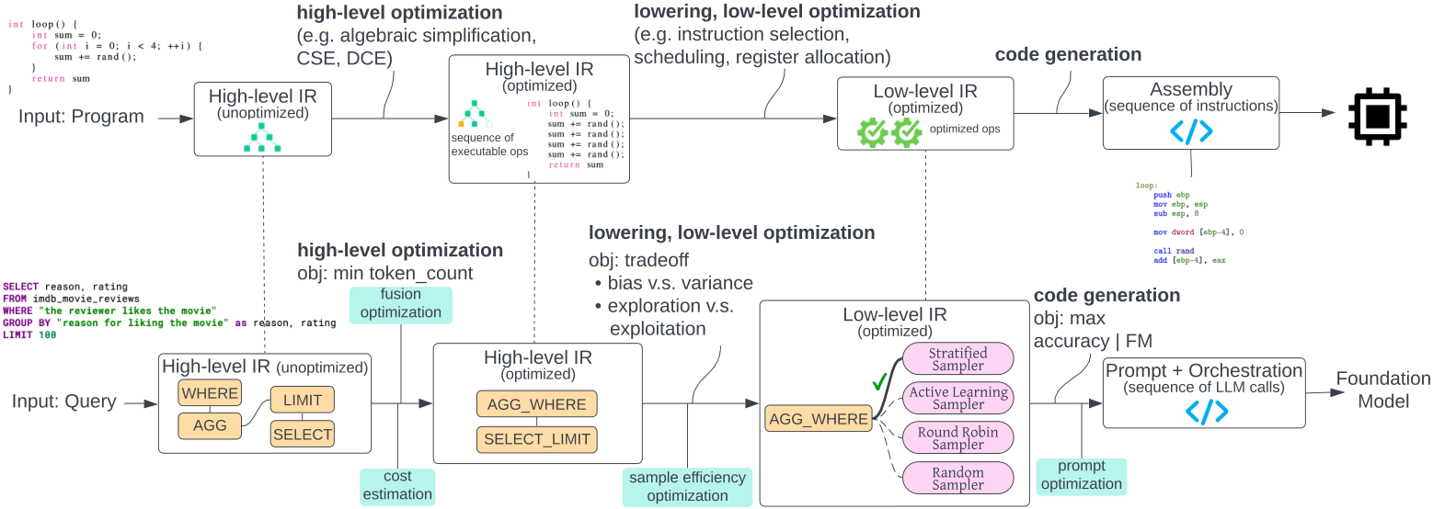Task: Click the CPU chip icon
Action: tap(1377, 116)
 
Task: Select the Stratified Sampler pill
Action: tap(957, 359)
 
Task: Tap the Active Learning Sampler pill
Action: tap(957, 398)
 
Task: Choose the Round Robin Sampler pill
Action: tap(957, 437)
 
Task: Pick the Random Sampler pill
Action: tap(957, 479)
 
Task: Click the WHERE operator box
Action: tap(210, 392)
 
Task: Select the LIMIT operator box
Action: tap(302, 400)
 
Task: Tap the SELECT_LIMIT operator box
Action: tap(537, 439)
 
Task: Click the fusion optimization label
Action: tap(401, 303)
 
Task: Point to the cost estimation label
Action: tap(397, 485)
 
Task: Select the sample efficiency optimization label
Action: tap(687, 487)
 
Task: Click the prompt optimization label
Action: tap(1081, 475)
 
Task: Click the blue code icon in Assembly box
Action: tap(1191, 130)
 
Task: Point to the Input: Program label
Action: tap(81, 117)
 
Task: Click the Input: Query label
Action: tap(64, 402)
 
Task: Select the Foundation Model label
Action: tap(1383, 390)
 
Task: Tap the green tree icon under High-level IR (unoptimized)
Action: tap(262, 137)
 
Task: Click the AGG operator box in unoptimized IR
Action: tap(210, 425)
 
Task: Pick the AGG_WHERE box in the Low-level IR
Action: tap(819, 419)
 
